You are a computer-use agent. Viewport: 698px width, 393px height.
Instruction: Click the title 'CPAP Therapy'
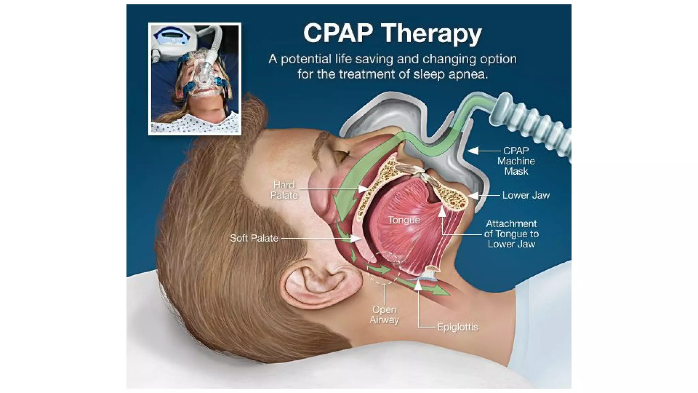tap(392, 33)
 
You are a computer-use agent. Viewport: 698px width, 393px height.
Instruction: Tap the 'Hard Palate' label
tap(284, 190)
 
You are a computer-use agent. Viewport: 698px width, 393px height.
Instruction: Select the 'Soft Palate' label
tap(254, 238)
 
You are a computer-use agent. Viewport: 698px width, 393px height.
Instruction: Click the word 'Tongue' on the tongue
tap(404, 220)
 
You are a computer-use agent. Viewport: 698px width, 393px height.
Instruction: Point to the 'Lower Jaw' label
tap(526, 195)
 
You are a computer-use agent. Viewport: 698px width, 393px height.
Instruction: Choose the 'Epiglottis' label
tap(457, 327)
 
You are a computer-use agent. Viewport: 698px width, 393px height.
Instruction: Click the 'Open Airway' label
tap(384, 315)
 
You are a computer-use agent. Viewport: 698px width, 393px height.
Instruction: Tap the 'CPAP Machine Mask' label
tap(516, 161)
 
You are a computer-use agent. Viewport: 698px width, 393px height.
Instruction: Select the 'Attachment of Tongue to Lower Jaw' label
tap(511, 234)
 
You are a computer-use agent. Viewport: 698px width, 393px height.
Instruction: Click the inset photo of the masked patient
tap(195, 78)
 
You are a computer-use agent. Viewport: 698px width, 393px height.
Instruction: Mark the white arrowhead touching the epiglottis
tap(418, 285)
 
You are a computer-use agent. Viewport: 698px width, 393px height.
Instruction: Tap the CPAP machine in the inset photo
tap(173, 39)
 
